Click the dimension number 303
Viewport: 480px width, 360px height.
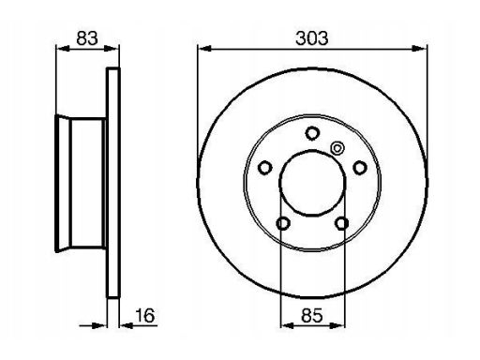(311, 38)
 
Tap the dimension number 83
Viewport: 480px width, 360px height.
(87, 38)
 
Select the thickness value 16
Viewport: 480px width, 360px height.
(144, 315)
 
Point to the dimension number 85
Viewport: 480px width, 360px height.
(311, 315)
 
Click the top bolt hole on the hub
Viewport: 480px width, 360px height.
(311, 133)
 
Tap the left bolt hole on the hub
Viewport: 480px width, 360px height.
(264, 168)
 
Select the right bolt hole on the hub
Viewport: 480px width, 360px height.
(360, 168)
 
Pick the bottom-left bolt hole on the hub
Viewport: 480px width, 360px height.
(283, 223)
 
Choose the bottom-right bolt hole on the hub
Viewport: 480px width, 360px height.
(341, 223)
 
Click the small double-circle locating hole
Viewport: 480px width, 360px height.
(337, 148)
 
